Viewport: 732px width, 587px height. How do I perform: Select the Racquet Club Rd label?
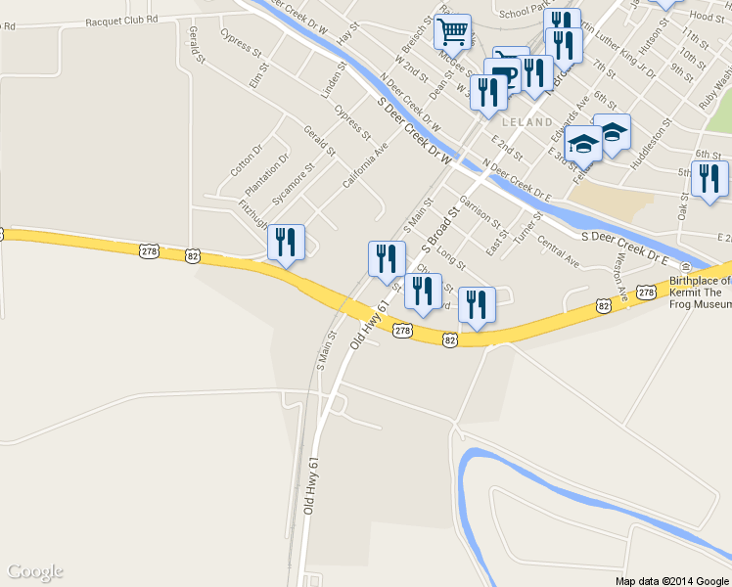[121, 20]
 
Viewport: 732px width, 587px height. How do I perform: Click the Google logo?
[34, 571]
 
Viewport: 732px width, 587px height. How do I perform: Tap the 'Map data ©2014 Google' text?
[672, 580]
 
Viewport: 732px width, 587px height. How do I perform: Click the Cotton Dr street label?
[246, 160]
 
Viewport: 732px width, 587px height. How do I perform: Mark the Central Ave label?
[558, 254]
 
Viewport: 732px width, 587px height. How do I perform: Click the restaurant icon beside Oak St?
[709, 179]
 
